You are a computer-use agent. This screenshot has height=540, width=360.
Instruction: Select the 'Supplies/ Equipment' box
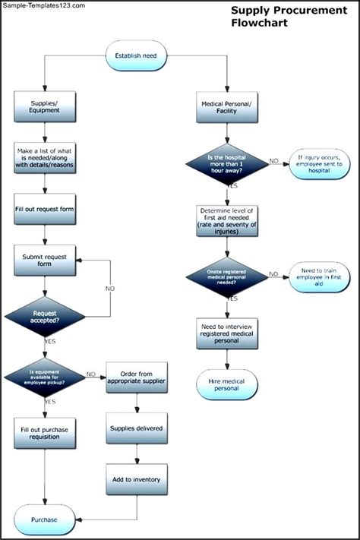point(45,106)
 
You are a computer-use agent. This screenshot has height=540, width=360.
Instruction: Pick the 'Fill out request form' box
point(45,210)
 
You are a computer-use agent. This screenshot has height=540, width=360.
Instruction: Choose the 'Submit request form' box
point(45,261)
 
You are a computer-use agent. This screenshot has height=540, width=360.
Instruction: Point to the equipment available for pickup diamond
point(45,375)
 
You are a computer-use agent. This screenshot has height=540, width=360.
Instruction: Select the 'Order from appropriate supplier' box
point(137,377)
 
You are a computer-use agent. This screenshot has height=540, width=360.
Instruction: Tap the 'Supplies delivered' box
point(137,429)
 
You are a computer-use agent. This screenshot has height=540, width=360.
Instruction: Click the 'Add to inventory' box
point(137,481)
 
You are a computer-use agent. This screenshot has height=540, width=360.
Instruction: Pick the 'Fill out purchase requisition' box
point(45,434)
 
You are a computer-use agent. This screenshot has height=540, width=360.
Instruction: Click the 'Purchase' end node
point(45,519)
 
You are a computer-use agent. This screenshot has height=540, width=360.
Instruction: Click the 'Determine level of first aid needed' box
point(228,220)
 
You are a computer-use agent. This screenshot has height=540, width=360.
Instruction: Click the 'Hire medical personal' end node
point(228,384)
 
